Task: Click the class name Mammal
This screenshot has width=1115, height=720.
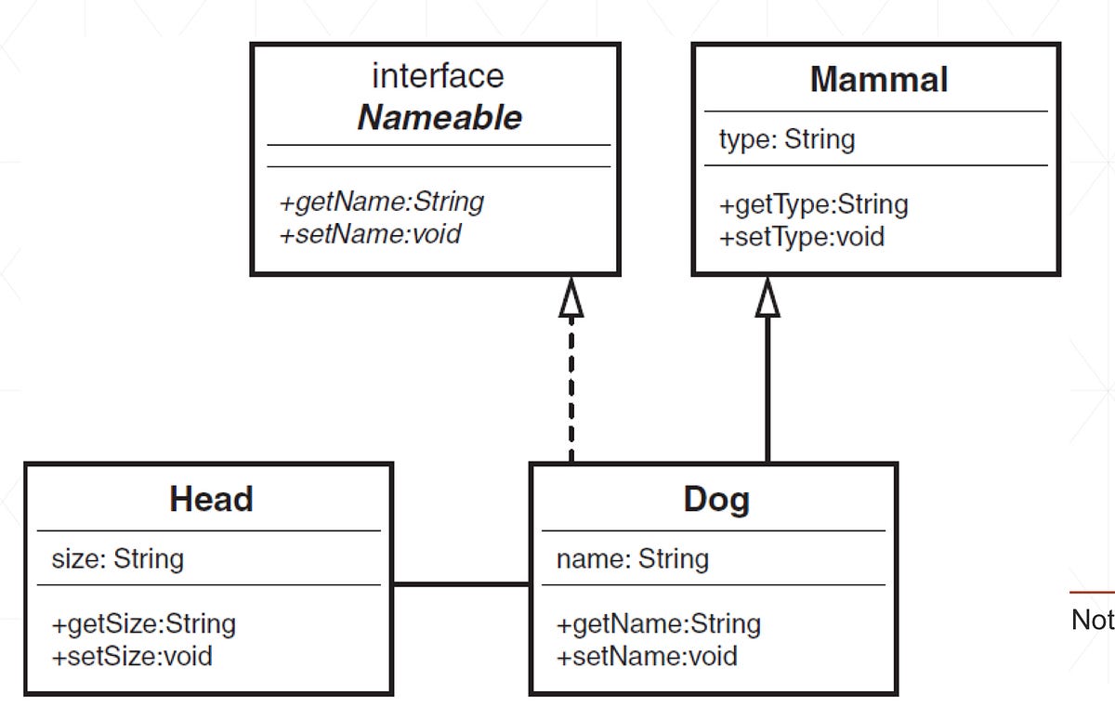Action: [x=878, y=80]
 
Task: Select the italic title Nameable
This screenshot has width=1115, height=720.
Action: [x=439, y=118]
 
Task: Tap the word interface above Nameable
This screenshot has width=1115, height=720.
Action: [x=438, y=75]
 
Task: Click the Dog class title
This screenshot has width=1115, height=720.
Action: [x=715, y=500]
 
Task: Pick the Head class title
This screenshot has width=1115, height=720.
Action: [x=211, y=500]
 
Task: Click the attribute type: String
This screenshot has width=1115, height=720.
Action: [x=786, y=139]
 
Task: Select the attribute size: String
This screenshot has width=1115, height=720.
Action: [x=117, y=558]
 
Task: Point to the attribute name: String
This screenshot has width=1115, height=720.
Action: [x=632, y=558]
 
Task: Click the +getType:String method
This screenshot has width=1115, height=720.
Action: [x=813, y=204]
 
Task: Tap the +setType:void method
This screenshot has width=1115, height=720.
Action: [x=801, y=237]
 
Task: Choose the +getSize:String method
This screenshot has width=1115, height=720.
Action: [x=143, y=623]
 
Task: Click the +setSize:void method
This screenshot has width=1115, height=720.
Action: [x=132, y=656]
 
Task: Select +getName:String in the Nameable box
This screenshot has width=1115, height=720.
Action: [x=381, y=201]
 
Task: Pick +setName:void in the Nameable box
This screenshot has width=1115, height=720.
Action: [x=370, y=233]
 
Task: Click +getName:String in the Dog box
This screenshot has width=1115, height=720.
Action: [x=658, y=623]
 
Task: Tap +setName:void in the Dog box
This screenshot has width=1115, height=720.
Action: [x=647, y=656]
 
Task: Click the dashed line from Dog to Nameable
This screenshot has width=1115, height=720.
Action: [x=571, y=390]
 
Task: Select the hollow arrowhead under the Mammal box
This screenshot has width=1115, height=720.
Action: [x=767, y=298]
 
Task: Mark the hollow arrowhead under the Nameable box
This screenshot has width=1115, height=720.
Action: [x=571, y=298]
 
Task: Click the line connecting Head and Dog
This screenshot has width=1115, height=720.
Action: [x=461, y=584]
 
